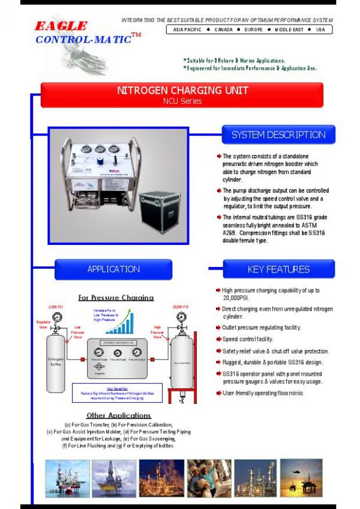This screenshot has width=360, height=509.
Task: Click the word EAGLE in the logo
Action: [x=60, y=26]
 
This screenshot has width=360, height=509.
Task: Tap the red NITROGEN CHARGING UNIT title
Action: [x=182, y=91]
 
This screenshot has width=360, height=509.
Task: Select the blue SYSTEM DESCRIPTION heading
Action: [x=278, y=135]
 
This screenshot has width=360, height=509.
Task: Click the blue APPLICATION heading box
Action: [x=113, y=269]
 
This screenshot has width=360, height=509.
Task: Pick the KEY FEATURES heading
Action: [x=278, y=269]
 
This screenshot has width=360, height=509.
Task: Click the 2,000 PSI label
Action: [x=55, y=306]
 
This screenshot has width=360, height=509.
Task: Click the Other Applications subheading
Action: [x=118, y=415]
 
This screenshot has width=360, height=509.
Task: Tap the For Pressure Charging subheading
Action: [x=116, y=297]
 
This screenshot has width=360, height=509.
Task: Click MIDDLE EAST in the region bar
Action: [x=289, y=29]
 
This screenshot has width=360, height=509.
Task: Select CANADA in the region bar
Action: [x=223, y=29]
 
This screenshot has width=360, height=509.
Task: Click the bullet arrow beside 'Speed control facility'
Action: [x=218, y=340]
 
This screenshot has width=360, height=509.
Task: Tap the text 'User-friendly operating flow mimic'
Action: [x=263, y=393]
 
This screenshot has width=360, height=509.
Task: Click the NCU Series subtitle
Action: [x=182, y=101]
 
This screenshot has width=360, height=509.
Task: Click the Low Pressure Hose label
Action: [x=77, y=331]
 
